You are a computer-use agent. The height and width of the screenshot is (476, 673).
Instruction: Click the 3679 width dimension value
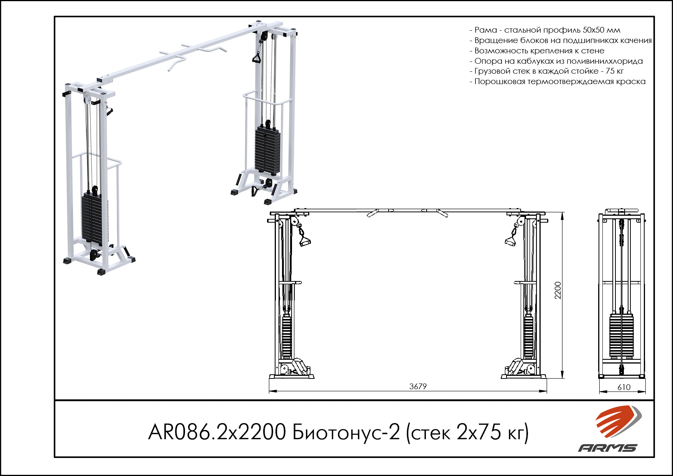(x=418, y=387)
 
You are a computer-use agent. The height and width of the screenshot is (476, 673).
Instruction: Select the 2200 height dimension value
(x=558, y=290)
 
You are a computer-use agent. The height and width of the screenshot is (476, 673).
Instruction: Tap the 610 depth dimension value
(x=624, y=387)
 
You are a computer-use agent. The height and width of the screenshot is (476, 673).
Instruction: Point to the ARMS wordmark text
(x=608, y=448)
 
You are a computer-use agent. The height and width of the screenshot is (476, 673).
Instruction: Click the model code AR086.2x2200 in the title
(x=217, y=432)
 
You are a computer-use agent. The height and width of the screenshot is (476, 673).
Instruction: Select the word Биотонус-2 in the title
(x=346, y=432)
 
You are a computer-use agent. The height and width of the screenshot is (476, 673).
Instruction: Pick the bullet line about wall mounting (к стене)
(x=537, y=51)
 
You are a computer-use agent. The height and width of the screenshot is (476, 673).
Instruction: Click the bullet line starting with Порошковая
(x=558, y=81)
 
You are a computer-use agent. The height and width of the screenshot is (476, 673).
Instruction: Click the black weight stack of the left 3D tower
(x=92, y=220)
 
